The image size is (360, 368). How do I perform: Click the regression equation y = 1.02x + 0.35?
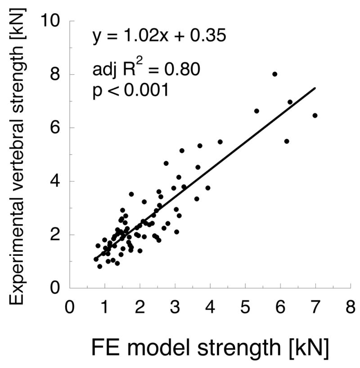[159, 36]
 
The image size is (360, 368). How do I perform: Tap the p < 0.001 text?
[130, 90]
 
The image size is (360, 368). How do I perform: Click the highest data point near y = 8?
[274, 74]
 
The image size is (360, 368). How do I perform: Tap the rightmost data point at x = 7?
[315, 115]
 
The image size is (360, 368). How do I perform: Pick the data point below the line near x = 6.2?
[287, 141]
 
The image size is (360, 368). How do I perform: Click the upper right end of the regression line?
[315, 88]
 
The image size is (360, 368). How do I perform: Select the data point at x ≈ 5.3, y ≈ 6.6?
[256, 111]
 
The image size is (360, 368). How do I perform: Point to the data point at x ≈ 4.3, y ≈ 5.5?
[220, 141]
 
